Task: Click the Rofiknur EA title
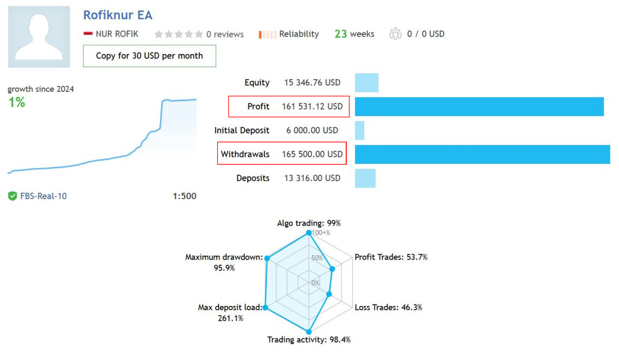point(118,15)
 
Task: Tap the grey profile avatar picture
point(39,37)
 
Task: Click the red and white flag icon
point(88,34)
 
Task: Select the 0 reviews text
point(225,34)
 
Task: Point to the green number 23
point(341,34)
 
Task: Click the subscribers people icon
point(396,34)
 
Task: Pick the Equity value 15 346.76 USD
point(312,83)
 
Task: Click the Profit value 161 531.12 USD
point(312,106)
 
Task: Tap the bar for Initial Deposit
point(359,130)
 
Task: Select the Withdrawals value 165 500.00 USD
point(312,154)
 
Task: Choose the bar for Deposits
point(365,178)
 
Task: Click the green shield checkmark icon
point(13,196)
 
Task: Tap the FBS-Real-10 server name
point(44,196)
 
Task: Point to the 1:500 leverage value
point(184,196)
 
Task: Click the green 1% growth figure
point(17,102)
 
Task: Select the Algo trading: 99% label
point(309,223)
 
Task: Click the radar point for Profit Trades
point(332,269)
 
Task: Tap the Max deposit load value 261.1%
point(230,318)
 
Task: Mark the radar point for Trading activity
point(309,332)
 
